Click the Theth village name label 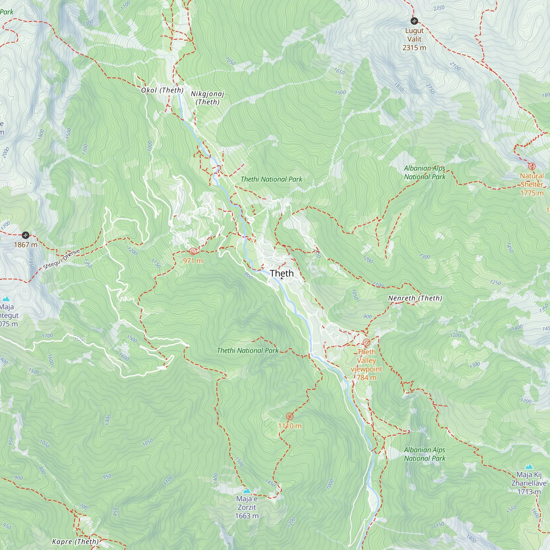click(282, 273)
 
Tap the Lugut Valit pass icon click(414, 21)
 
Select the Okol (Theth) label click(162, 90)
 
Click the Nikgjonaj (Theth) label click(208, 98)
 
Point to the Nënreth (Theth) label click(415, 298)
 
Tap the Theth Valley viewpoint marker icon click(366, 342)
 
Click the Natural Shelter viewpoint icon click(532, 166)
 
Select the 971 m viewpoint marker click(193, 251)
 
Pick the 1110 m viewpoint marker click(290, 416)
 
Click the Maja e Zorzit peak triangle click(247, 491)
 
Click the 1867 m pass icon click(25, 235)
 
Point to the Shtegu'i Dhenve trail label click(62, 259)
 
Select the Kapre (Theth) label click(75, 541)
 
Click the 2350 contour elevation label click(439, 8)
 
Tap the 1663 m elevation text click(247, 516)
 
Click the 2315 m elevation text click(414, 48)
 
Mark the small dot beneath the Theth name click(282, 278)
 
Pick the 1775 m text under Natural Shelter click(532, 193)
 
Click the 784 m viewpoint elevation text click(366, 378)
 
